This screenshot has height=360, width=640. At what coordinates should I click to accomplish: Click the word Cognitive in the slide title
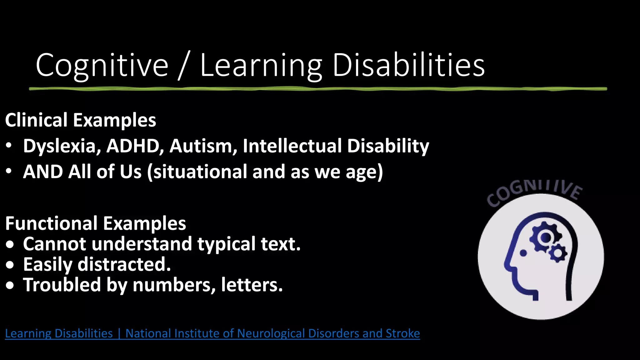[x=102, y=65]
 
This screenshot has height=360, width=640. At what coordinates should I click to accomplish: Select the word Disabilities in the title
[x=408, y=65]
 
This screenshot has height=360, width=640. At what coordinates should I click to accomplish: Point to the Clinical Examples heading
[x=80, y=120]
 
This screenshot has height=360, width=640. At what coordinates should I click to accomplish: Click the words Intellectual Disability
[x=336, y=146]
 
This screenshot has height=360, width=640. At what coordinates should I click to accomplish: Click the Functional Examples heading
[x=95, y=223]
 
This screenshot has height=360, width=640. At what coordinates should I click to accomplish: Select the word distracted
[x=124, y=264]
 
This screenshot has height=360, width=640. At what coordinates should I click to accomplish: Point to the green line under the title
[x=318, y=89]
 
